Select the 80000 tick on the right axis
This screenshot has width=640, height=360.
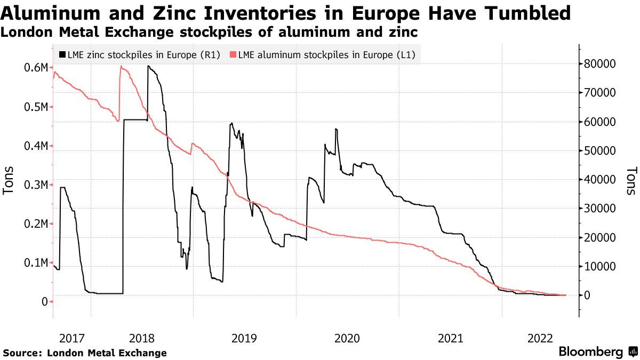[x=601, y=64]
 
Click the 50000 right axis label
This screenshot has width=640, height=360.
[x=601, y=151]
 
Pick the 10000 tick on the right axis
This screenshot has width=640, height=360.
[x=601, y=267]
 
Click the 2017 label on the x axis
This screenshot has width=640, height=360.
[x=72, y=338]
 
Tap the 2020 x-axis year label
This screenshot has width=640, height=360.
[x=347, y=338]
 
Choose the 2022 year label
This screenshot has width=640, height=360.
[x=540, y=338]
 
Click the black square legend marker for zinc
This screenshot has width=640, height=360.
[x=63, y=54]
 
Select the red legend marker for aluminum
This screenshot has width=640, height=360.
[x=233, y=54]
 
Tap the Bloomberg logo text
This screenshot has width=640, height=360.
[x=590, y=352]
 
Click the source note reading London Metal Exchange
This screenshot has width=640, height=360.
[x=107, y=353]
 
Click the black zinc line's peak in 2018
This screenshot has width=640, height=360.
[x=148, y=66]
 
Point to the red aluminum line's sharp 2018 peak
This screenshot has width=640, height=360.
[x=122, y=66]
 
